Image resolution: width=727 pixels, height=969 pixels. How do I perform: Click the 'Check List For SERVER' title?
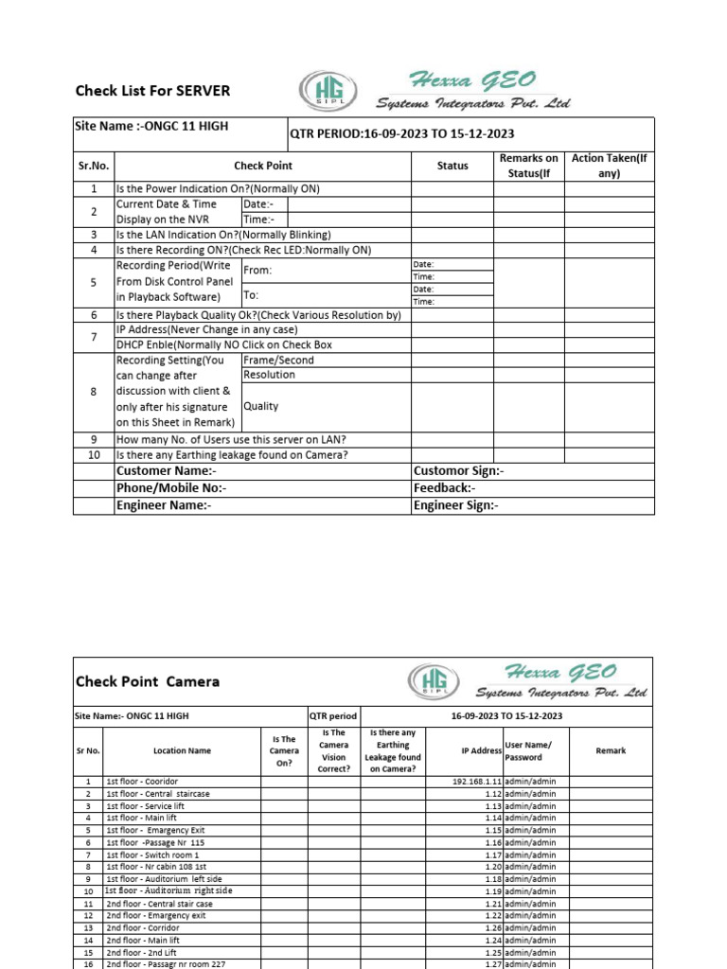click(x=152, y=91)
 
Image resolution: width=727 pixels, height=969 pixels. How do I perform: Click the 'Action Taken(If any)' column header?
click(x=609, y=166)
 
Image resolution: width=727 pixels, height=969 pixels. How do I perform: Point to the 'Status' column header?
click(x=452, y=166)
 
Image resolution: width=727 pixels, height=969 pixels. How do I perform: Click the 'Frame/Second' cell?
click(x=279, y=360)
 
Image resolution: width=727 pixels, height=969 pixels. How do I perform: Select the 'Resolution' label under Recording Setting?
click(x=270, y=375)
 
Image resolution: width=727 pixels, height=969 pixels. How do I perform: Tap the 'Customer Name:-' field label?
click(x=167, y=470)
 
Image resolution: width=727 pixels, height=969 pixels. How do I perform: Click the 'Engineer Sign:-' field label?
click(x=455, y=505)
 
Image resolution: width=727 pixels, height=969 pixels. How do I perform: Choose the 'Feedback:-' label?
click(x=444, y=487)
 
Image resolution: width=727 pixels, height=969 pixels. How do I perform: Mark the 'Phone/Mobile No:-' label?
click(x=171, y=487)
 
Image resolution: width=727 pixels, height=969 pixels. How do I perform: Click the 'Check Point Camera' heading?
click(x=148, y=681)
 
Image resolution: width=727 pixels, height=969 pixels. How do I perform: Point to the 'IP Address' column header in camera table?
click(x=481, y=750)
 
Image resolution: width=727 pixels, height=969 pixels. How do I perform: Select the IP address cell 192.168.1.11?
click(x=477, y=782)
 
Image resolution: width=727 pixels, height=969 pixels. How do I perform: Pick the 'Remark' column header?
click(x=611, y=750)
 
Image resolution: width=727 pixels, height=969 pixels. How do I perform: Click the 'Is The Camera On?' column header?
click(x=284, y=750)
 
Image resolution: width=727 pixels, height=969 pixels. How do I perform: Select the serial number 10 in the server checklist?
click(x=94, y=454)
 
